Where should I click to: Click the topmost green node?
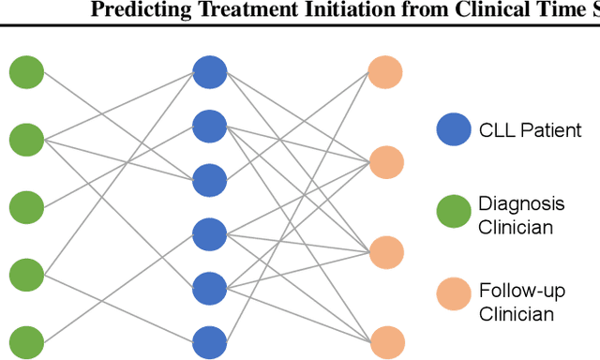(27, 72)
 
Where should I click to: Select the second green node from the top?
(27, 139)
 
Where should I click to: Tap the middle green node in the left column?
(27, 206)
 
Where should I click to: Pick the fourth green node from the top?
(27, 274)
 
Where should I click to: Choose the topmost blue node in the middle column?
(209, 71)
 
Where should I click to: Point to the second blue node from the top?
(209, 125)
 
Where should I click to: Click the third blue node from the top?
(209, 178)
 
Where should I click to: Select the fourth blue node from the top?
(209, 232)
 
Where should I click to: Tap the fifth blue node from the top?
(209, 286)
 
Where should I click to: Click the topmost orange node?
(384, 72)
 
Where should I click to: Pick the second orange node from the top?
(384, 161)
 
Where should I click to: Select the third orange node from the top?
(384, 251)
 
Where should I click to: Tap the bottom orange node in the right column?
(384, 339)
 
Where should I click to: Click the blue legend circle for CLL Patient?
(454, 129)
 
